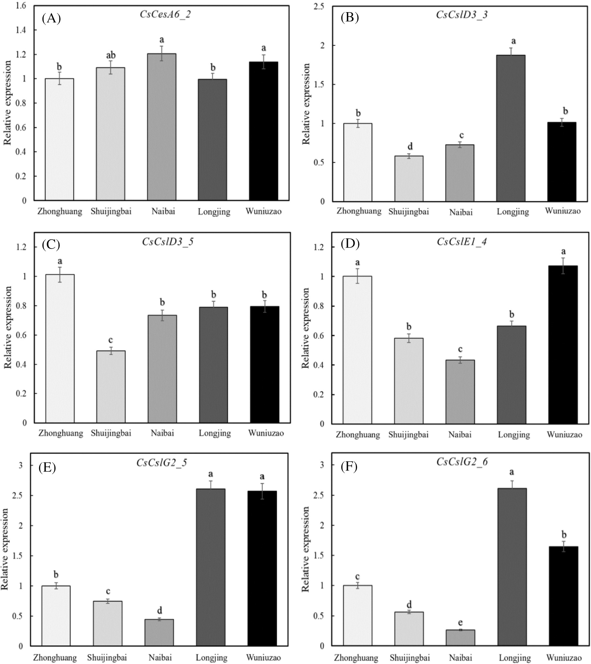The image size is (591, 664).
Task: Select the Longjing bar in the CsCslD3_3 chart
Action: coord(511,128)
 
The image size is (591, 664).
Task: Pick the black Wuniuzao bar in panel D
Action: coord(563,345)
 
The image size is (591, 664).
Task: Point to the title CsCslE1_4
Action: coord(462,242)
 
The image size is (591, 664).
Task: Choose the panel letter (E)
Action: coord(47,467)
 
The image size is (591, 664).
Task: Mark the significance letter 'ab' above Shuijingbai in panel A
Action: coord(111,55)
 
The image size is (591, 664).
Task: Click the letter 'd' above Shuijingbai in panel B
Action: coord(410,147)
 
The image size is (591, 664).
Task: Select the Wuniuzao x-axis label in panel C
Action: coord(266,433)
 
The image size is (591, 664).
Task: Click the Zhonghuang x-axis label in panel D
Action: coord(358,434)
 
